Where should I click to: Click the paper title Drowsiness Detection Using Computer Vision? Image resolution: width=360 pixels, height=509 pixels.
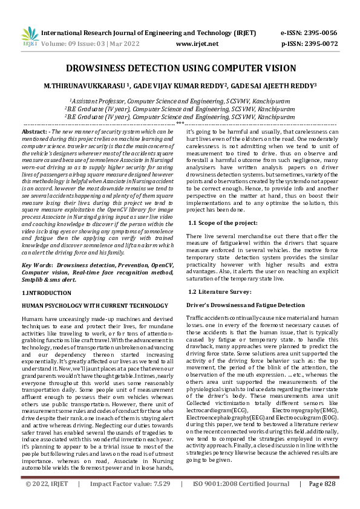[180, 68]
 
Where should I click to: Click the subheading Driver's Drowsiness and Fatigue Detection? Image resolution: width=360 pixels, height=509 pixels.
[245, 305]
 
